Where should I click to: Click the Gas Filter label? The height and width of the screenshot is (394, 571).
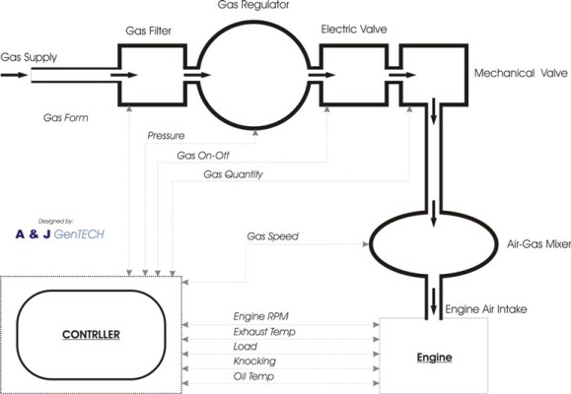(x=148, y=31)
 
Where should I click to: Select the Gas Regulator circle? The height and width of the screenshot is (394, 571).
(x=253, y=23)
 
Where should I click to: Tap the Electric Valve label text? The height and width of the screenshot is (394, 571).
(x=354, y=30)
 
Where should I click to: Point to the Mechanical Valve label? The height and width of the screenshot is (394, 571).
(x=521, y=73)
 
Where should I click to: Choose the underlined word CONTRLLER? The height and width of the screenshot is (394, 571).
(x=91, y=335)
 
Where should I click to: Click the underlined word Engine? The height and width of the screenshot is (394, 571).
(x=435, y=358)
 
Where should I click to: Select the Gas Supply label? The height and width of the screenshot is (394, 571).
(x=29, y=57)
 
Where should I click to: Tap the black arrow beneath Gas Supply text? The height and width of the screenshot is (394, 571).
(x=14, y=75)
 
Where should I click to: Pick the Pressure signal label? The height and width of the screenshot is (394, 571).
(x=166, y=136)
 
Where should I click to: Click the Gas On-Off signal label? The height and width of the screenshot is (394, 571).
(x=203, y=156)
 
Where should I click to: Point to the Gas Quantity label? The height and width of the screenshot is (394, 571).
(x=233, y=174)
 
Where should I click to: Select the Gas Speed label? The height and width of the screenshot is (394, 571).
(x=273, y=236)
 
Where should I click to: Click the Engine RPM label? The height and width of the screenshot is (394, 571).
(x=261, y=316)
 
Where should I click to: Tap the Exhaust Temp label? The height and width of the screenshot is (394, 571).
(x=264, y=332)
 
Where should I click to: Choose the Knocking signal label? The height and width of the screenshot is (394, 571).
(x=254, y=361)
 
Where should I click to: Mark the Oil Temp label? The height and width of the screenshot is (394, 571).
(x=253, y=376)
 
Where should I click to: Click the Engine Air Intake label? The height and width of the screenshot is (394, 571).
(x=486, y=309)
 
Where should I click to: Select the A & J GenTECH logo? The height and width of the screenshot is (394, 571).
(x=60, y=230)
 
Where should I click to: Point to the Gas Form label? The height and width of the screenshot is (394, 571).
(x=65, y=118)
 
